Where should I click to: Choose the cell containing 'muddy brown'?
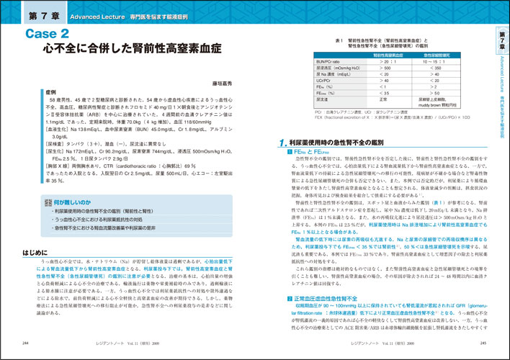pos(439,104)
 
